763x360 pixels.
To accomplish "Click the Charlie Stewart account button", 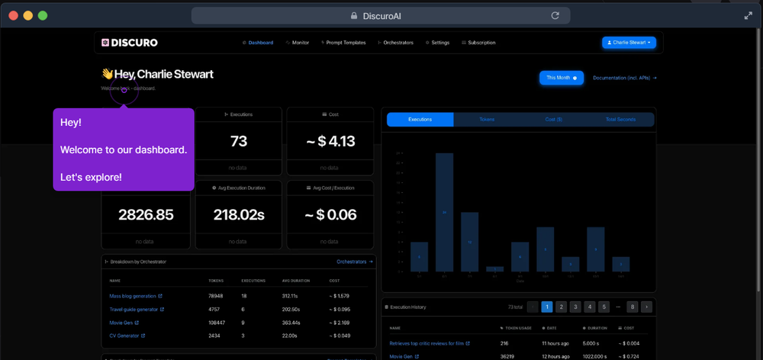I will pos(629,43).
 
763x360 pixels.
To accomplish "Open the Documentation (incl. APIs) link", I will pos(624,78).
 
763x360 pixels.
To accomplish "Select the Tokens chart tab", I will pos(487,120).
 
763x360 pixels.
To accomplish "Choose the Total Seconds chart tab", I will pos(620,120).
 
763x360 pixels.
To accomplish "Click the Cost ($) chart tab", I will pos(554,120).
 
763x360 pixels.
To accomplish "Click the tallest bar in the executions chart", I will pos(445,212).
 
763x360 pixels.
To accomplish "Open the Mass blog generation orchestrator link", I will pos(133,296).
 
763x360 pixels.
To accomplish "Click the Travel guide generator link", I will pos(134,310).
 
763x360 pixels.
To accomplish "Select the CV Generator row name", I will pos(124,336).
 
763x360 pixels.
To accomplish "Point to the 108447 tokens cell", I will pos(216,323).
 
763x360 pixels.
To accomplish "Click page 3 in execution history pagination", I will pos(575,307).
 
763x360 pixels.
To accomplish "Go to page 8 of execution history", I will pos(632,307).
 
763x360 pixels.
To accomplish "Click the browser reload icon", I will pos(555,15).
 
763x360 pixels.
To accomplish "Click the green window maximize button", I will pos(43,15).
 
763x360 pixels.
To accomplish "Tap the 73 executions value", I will pos(239,141).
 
